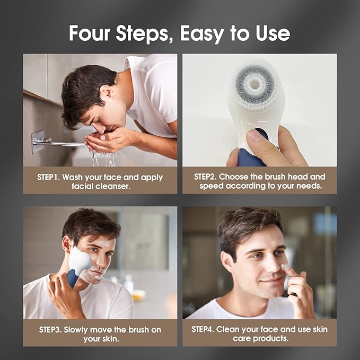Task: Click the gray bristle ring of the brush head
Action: (255, 83)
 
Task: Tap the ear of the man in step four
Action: (227, 260)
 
